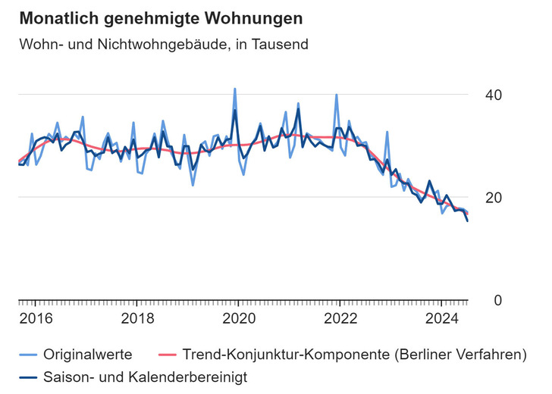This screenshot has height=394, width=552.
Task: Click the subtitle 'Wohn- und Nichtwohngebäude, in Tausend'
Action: [163, 45]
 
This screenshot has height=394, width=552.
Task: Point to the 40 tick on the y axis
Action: [494, 95]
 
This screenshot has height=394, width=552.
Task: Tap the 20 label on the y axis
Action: [494, 198]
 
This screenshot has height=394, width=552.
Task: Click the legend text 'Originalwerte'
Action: [88, 354]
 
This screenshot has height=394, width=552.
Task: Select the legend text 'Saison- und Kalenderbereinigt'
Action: [145, 375]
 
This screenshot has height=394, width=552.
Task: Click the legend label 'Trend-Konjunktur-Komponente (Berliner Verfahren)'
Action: [355, 354]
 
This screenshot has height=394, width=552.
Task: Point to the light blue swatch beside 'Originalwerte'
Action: [28, 354]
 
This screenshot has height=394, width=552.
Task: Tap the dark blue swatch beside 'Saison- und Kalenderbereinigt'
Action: [28, 375]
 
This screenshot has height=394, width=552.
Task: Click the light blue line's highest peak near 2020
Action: [234, 89]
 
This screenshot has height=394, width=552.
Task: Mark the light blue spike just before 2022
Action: [337, 95]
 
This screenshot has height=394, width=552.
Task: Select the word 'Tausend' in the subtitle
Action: [284, 45]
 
